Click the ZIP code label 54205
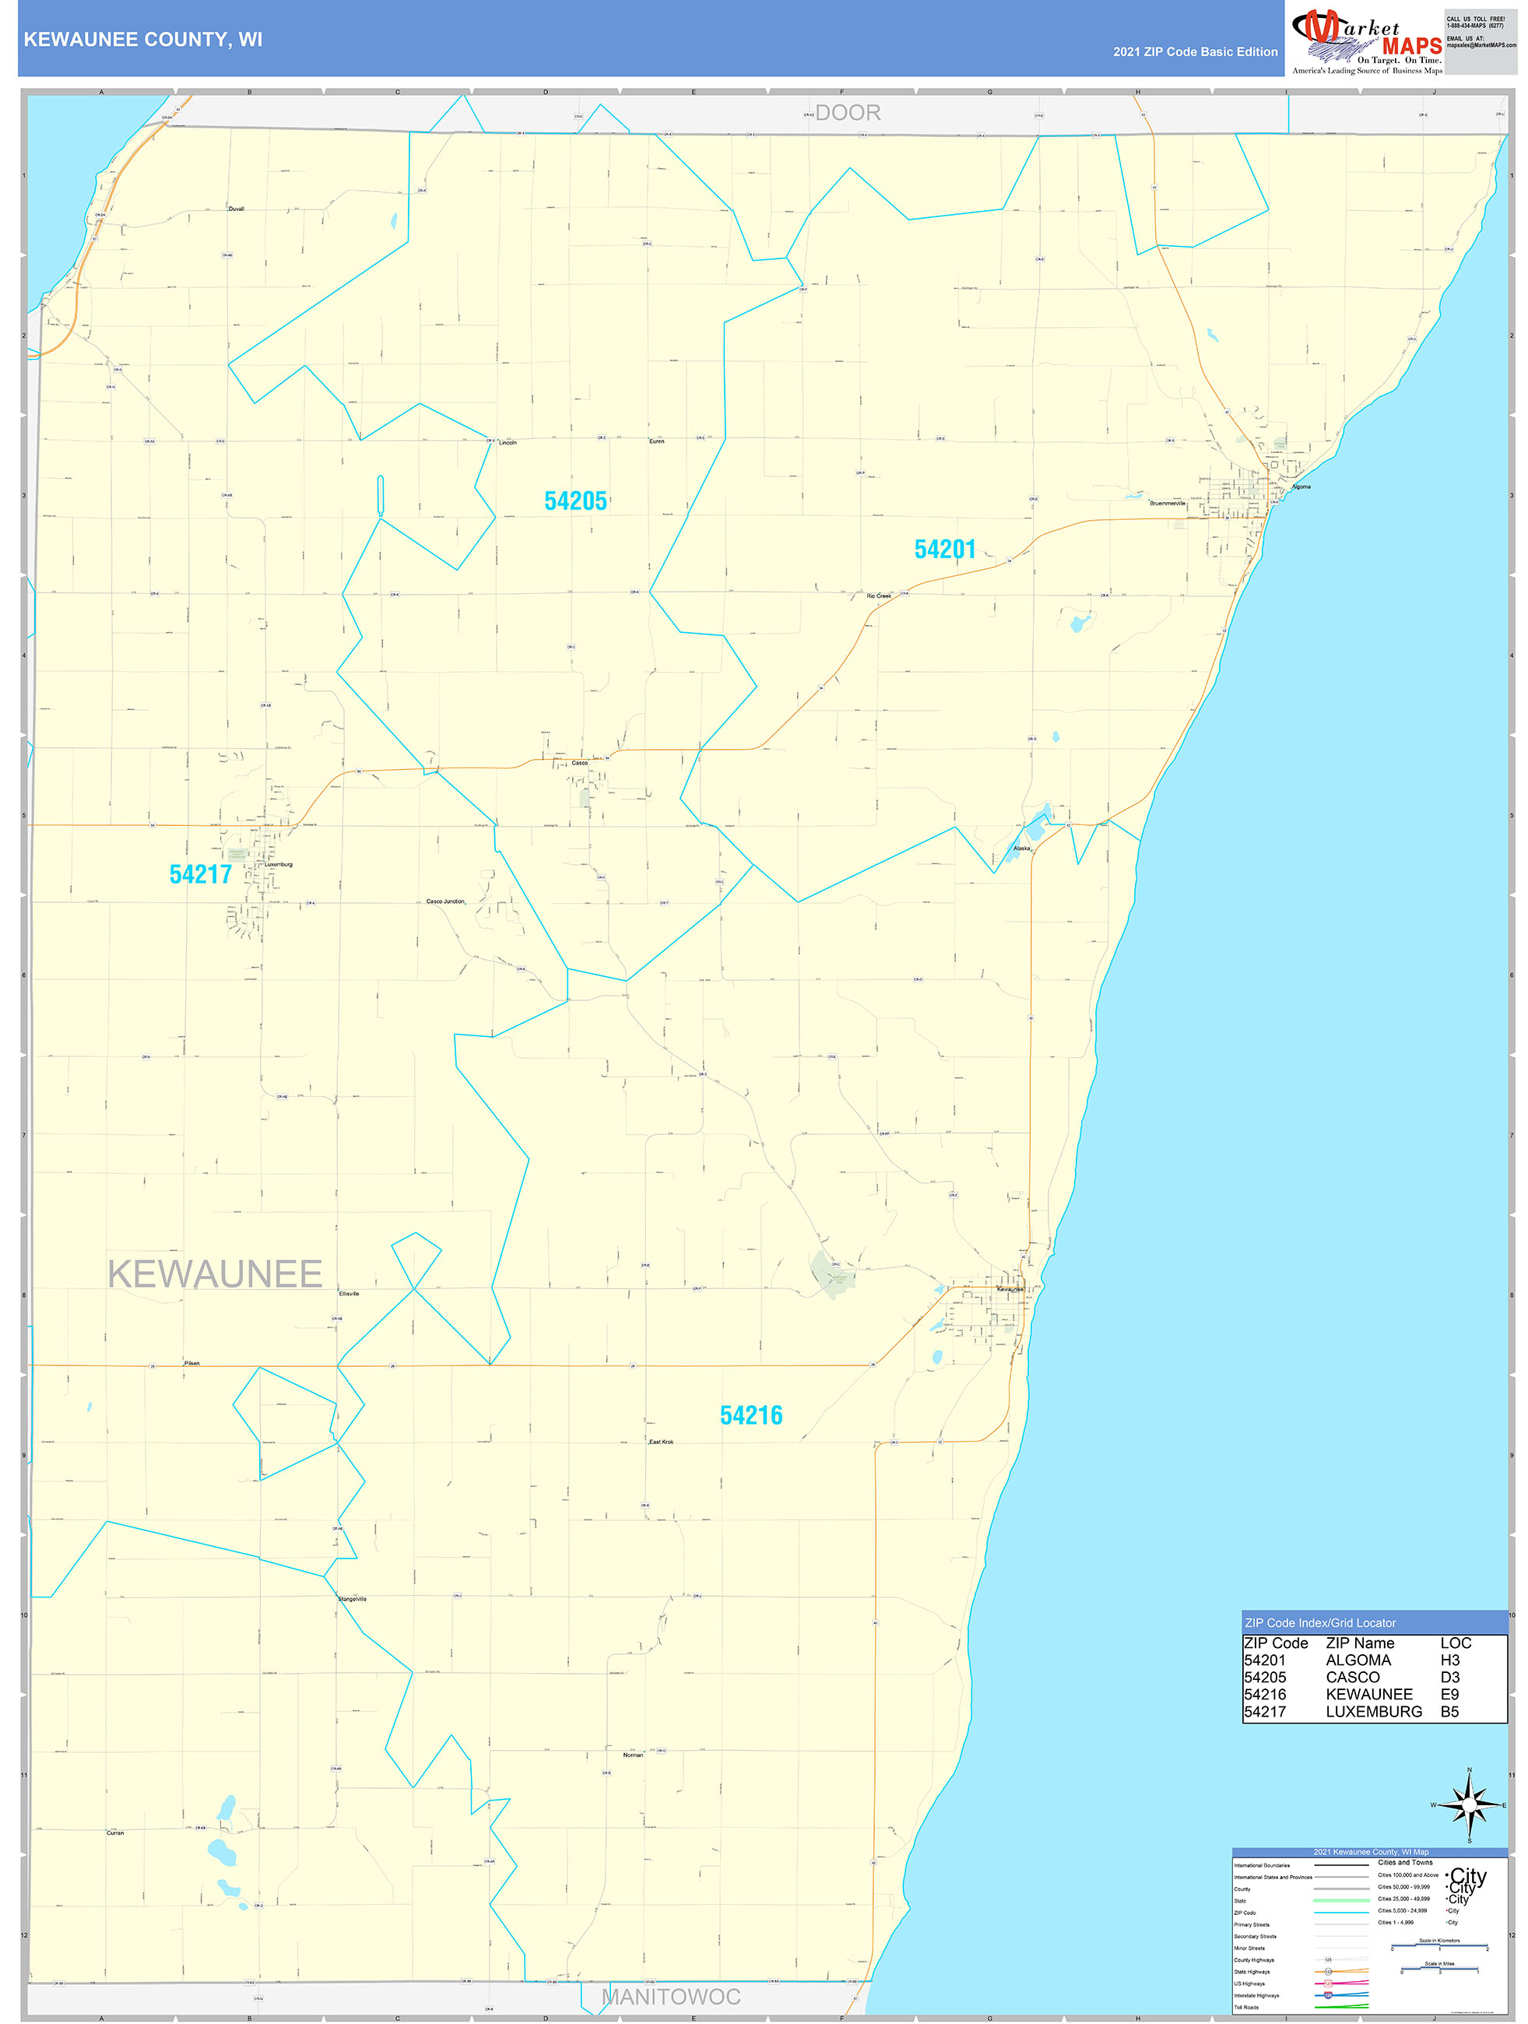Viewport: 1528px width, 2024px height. click(574, 501)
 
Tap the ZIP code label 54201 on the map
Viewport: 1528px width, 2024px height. click(944, 549)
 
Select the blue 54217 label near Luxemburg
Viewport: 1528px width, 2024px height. click(200, 874)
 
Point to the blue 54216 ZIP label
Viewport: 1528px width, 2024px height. click(750, 1415)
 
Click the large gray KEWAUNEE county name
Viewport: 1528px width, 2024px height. click(215, 1274)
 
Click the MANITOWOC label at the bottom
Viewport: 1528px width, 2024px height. click(671, 1997)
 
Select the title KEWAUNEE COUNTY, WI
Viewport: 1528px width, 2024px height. click(142, 40)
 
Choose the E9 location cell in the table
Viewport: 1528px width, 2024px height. click(1449, 1694)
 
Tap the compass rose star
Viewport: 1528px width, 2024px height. click(1470, 1805)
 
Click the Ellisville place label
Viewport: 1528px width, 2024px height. click(349, 1294)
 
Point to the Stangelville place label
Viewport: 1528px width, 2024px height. click(353, 1598)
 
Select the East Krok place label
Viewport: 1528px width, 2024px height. click(661, 1442)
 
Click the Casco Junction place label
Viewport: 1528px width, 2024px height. click(445, 901)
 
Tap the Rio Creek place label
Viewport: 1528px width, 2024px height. click(878, 596)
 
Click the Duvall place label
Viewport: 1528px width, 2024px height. click(236, 209)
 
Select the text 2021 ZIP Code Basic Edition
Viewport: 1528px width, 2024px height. click(1195, 52)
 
